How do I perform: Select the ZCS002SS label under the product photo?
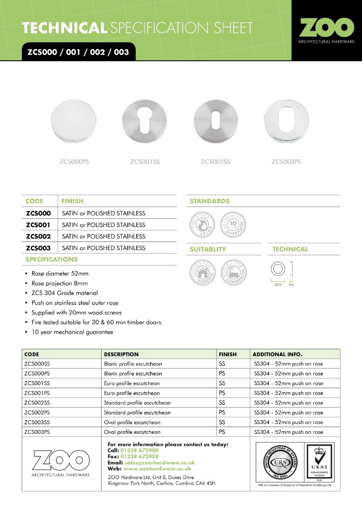[x=216, y=162]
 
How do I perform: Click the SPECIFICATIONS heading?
[x=51, y=259]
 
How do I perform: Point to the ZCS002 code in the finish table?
[x=38, y=236]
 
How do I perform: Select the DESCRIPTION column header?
[x=121, y=354]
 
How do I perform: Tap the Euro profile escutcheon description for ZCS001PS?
[x=131, y=393]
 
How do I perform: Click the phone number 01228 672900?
[x=139, y=450]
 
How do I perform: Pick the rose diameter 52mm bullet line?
[x=60, y=274]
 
